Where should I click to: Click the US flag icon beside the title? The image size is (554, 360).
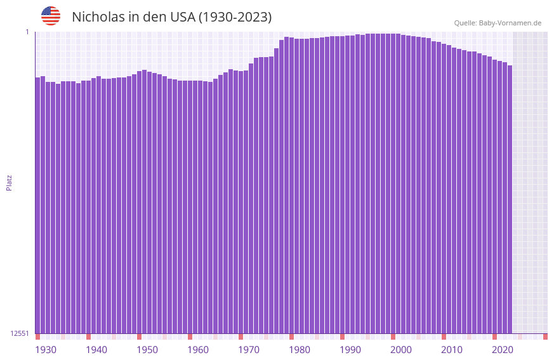tap(51, 16)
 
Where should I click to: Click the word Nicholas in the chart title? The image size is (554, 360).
tap(98, 17)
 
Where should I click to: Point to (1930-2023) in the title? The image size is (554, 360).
tap(235, 17)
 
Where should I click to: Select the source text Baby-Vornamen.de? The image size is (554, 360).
tap(510, 23)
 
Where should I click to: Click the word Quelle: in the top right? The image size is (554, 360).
tap(465, 23)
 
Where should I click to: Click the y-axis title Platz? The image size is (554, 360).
tap(9, 182)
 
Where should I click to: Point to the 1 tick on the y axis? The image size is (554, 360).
tap(27, 32)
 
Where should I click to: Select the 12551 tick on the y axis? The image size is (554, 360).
tap(20, 333)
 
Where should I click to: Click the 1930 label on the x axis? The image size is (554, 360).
tap(46, 350)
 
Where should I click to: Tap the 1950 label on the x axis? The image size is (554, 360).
tap(147, 350)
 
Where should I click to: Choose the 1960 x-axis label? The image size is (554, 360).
tap(198, 350)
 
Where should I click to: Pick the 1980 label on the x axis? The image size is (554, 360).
tap(300, 350)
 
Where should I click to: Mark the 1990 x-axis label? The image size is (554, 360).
tap(350, 350)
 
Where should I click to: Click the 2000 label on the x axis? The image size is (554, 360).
tap(401, 350)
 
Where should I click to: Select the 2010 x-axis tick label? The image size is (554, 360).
tap(452, 350)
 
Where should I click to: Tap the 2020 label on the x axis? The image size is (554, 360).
tap(503, 350)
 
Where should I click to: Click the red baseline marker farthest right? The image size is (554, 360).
tap(545, 337)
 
